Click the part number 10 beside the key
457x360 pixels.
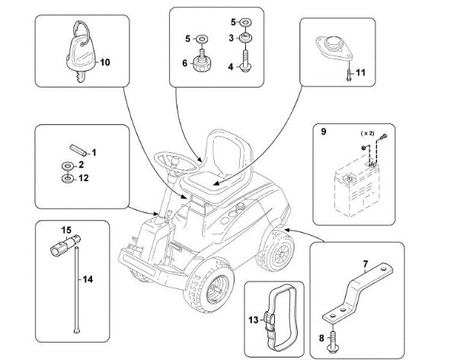click(105, 62)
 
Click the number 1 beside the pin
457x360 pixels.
click(94, 151)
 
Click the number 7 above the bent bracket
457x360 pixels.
click(365, 265)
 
